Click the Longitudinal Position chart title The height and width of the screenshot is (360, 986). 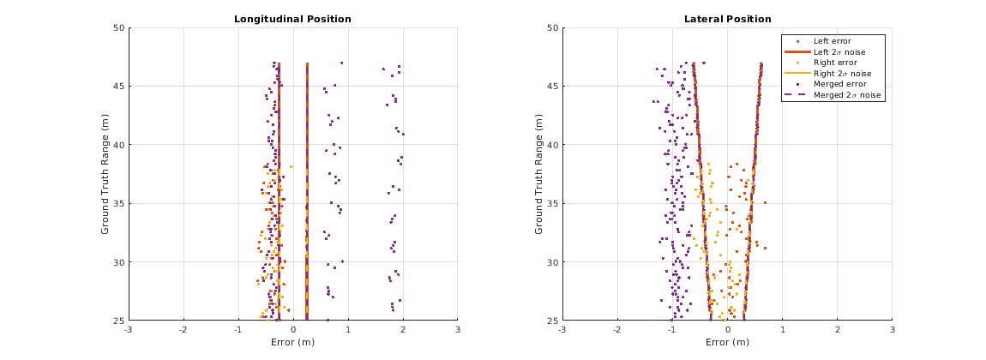point(293,19)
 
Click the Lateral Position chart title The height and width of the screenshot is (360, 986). point(727,19)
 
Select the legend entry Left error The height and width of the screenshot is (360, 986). point(837,40)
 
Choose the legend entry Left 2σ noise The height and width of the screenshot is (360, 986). point(839,51)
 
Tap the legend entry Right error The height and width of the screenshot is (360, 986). point(839,63)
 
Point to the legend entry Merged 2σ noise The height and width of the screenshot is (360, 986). point(843,96)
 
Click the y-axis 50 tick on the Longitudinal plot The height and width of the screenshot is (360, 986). point(119,27)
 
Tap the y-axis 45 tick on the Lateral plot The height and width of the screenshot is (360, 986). point(553,86)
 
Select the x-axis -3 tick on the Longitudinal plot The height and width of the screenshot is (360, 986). point(128,329)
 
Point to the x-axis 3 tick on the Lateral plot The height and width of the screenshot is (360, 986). point(892,329)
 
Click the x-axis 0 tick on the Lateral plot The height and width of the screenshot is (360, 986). point(727,329)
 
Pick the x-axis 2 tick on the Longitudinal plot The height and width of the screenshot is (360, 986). point(402,329)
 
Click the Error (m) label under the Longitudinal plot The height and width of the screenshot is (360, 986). point(292,341)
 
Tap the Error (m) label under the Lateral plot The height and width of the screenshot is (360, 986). point(727,341)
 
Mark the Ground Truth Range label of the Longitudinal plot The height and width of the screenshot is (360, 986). point(105,174)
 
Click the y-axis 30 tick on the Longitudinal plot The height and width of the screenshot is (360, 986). point(119,262)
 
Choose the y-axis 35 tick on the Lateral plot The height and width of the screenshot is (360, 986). point(553,203)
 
